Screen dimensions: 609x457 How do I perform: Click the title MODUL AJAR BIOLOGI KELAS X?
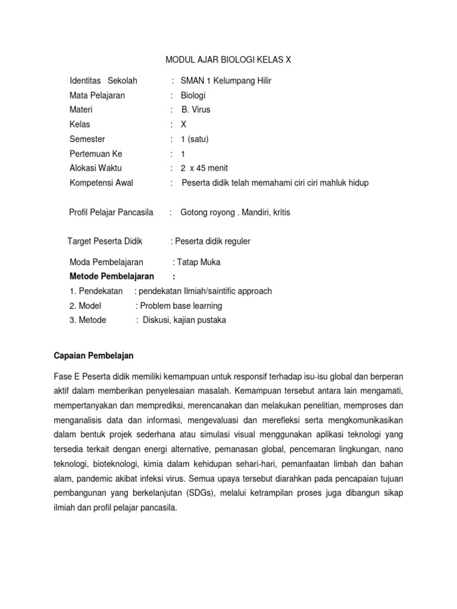coord(228,60)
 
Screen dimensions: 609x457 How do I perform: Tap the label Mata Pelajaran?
coord(97,95)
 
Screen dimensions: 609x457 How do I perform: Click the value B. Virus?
coord(196,109)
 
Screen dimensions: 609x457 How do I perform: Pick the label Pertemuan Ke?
coord(96,153)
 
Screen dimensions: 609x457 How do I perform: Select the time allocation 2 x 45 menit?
coord(204,168)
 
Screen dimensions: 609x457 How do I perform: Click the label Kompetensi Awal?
coord(101,183)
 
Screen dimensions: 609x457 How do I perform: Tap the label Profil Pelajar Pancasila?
coord(111,212)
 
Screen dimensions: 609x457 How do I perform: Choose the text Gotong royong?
coord(206,212)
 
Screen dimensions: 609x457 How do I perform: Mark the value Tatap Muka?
coord(199,262)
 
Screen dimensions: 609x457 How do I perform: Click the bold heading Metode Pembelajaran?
coord(112,276)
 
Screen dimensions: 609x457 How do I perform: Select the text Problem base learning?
coord(181,306)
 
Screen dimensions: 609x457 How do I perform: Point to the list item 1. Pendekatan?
coord(96,291)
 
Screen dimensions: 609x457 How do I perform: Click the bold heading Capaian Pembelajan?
coord(93,356)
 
